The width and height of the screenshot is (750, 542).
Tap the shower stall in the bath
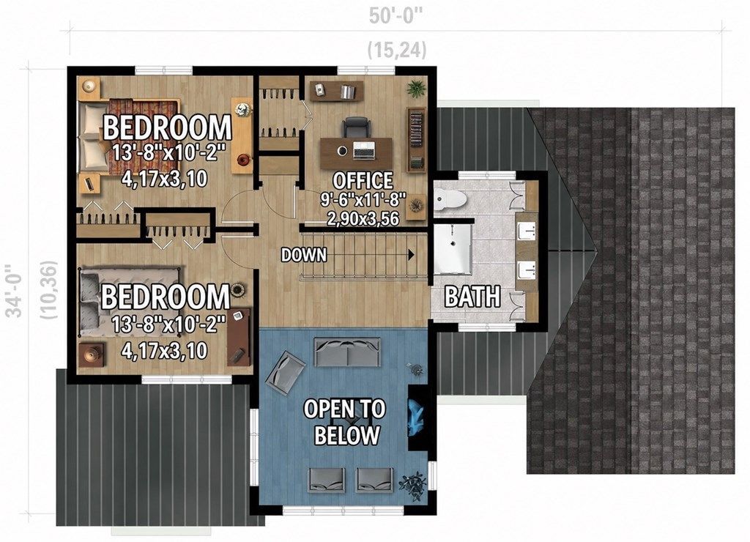pos(453,248)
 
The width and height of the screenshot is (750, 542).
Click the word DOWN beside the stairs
pos(304,255)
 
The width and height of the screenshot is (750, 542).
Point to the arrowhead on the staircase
pos(411,255)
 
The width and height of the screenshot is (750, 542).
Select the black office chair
pos(356,128)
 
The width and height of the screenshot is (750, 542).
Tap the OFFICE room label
pos(363,181)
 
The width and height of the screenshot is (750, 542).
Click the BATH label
pos(472,297)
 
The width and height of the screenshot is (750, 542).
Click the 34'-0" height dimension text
pos(16,291)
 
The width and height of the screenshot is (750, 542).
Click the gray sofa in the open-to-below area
pos(347,352)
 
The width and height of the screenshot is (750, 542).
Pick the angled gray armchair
pos(286,372)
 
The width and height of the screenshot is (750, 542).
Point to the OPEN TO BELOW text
pos(345,422)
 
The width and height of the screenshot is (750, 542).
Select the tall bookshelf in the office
pos(416,139)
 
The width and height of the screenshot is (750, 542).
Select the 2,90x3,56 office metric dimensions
pos(363,218)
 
